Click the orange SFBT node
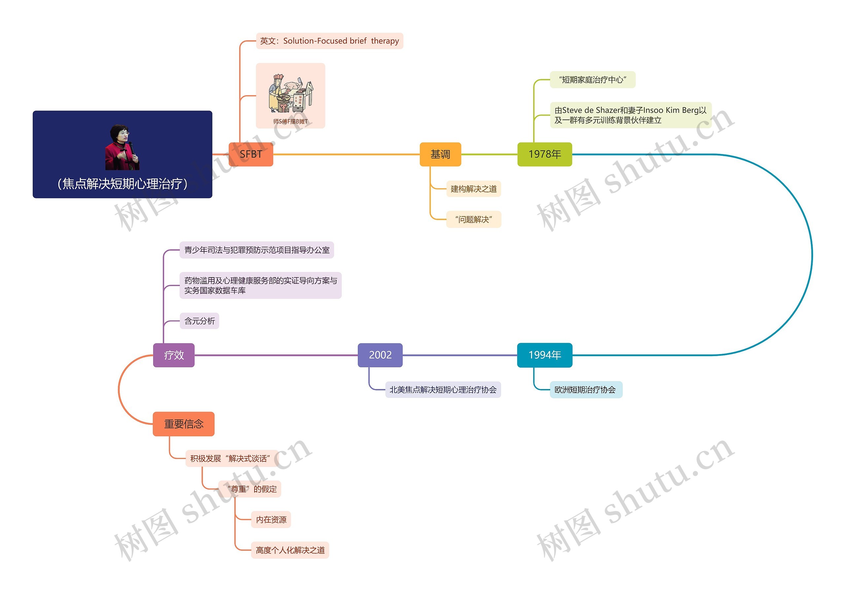click(251, 154)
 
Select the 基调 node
click(440, 154)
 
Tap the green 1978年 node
click(544, 154)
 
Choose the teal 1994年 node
click(544, 355)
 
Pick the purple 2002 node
click(380, 355)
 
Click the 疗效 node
click(174, 355)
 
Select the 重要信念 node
click(183, 424)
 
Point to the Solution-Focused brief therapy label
click(329, 41)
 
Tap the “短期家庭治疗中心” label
click(592, 80)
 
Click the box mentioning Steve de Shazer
click(630, 115)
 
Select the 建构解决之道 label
click(473, 189)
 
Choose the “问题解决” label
click(473, 219)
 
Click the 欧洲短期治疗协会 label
click(586, 390)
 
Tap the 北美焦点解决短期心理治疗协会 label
click(443, 390)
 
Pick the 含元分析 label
click(199, 321)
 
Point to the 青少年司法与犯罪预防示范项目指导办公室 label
click(256, 250)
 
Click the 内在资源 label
click(271, 520)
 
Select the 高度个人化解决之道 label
click(290, 550)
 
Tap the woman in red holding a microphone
click(122, 147)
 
